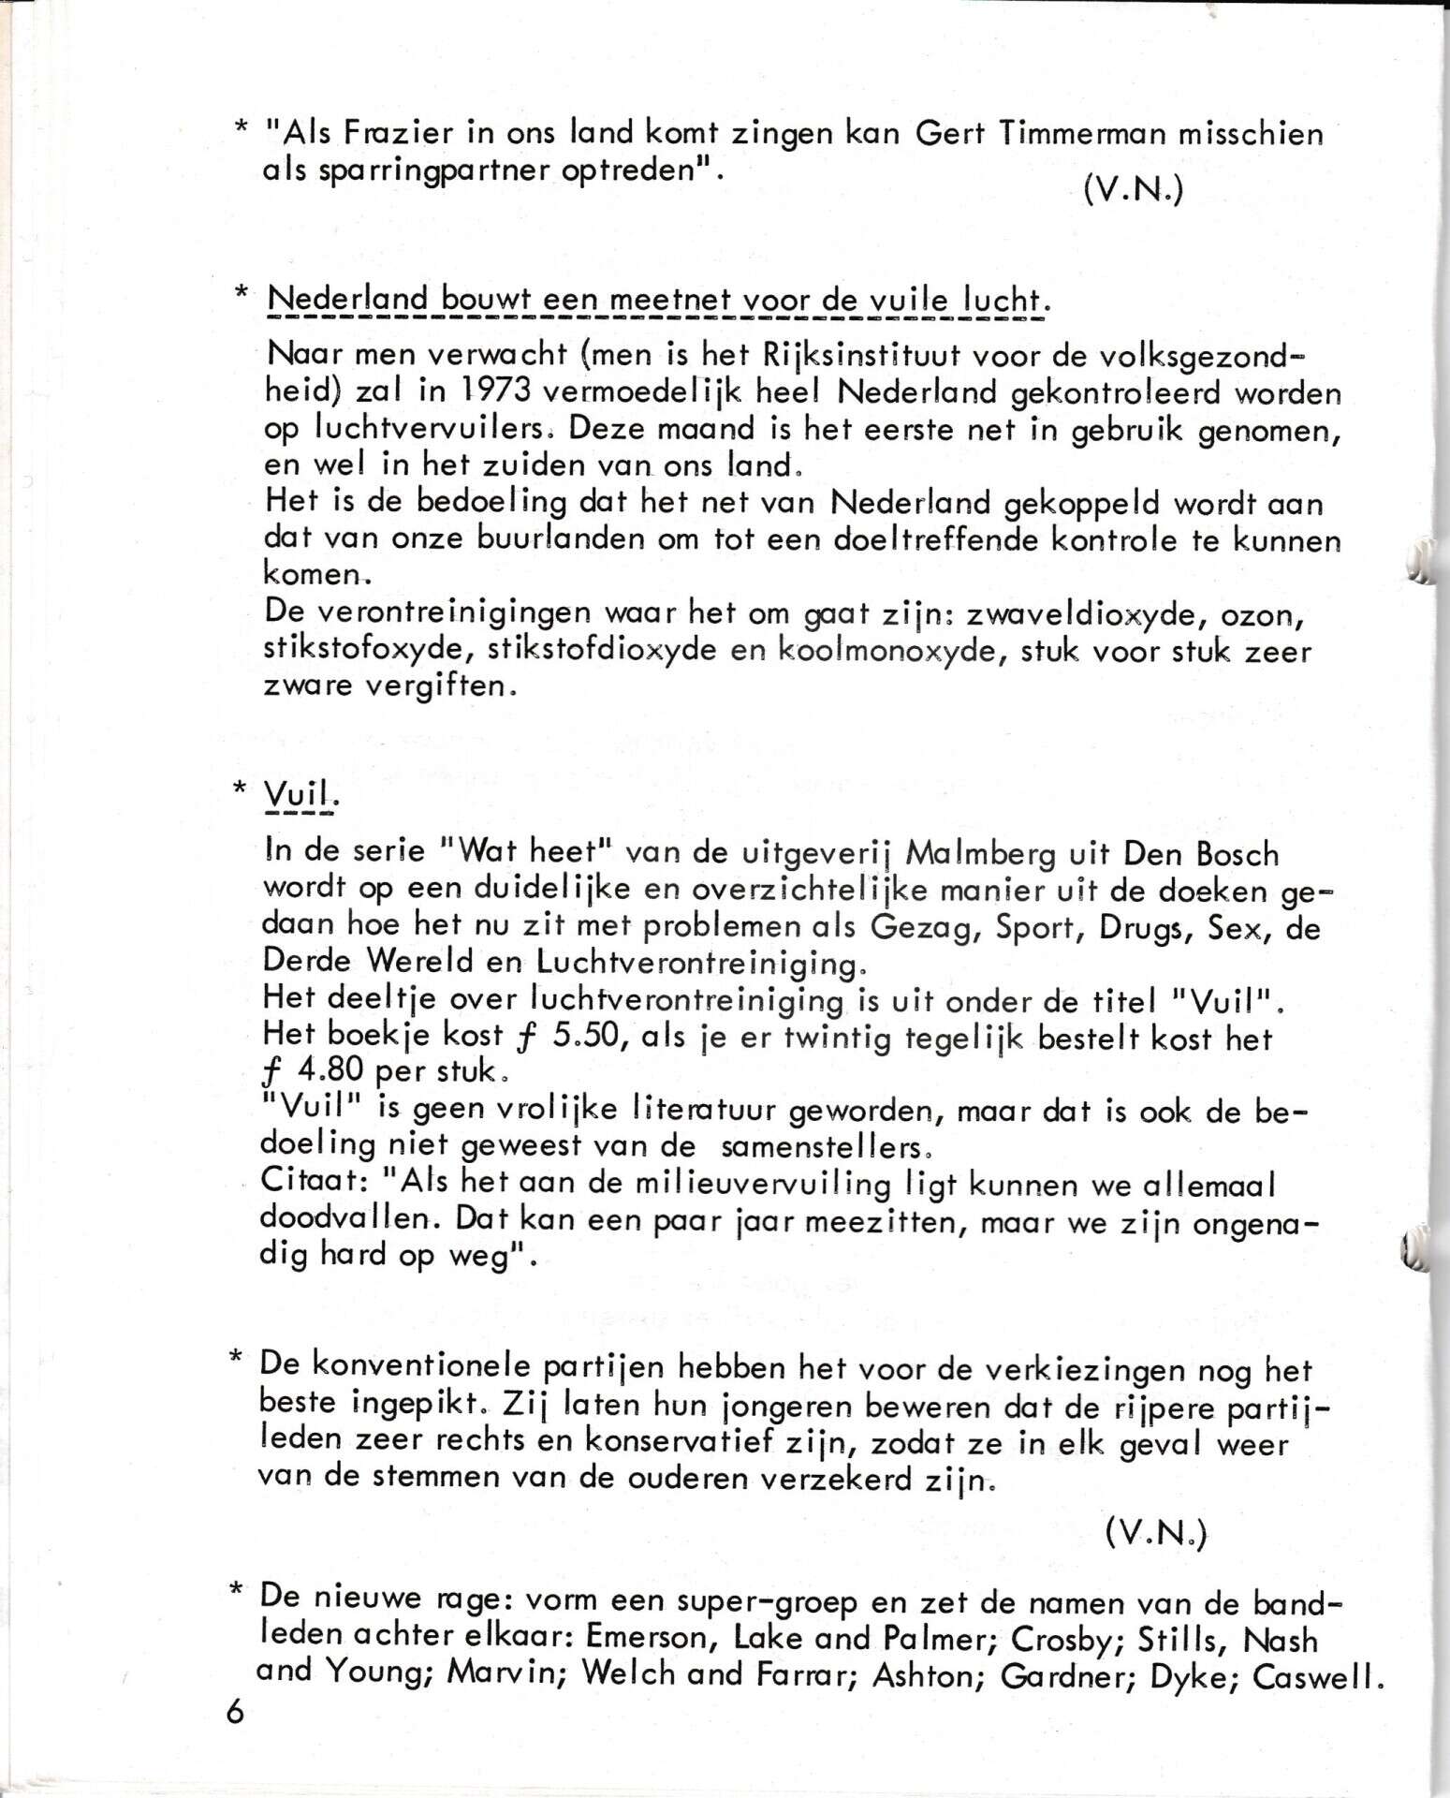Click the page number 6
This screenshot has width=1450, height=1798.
[x=234, y=1713]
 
